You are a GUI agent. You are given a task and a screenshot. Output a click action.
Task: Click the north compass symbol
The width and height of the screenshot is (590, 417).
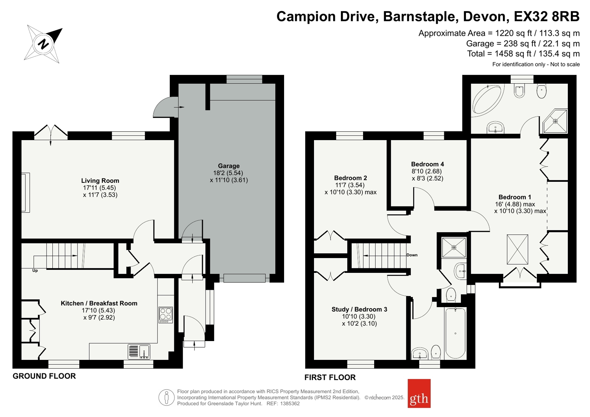[x=43, y=44]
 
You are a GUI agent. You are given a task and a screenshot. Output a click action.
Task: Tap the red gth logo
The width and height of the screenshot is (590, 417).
[x=419, y=393]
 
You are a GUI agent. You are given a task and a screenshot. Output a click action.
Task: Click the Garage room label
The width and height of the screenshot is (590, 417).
[x=229, y=166]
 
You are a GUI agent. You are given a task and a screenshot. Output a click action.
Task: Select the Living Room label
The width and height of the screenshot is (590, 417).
[x=100, y=181]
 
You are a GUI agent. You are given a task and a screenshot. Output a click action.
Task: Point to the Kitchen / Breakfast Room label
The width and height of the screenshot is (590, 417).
[x=99, y=303]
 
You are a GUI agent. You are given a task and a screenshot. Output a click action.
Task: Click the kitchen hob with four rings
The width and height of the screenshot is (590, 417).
[x=166, y=315]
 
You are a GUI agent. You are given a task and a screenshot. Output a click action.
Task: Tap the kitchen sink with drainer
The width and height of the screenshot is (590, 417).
[x=139, y=352]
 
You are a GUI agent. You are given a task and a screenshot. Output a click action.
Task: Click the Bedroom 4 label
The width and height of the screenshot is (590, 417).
[x=428, y=164]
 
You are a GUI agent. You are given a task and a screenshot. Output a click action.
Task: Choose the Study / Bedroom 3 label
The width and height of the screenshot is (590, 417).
[x=359, y=309]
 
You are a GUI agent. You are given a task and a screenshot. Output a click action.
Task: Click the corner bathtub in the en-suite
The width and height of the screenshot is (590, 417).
[x=487, y=100]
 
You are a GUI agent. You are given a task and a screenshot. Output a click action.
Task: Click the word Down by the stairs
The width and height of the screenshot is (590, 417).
[x=412, y=255]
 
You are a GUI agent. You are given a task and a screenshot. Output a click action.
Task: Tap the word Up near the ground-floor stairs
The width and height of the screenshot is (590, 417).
[x=35, y=271]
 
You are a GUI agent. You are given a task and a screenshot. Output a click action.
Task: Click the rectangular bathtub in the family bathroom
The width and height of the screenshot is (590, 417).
[x=455, y=333]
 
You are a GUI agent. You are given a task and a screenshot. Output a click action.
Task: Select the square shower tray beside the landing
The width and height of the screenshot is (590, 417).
[x=454, y=247]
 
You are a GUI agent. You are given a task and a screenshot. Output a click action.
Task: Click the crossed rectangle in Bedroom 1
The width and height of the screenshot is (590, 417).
[x=517, y=249]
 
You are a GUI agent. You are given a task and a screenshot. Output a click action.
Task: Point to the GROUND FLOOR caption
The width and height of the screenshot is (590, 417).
[x=44, y=376]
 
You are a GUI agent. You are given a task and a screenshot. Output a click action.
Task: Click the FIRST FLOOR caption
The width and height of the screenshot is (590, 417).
[x=330, y=377]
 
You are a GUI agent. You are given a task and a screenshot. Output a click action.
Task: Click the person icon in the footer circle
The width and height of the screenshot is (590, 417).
[x=166, y=397]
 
